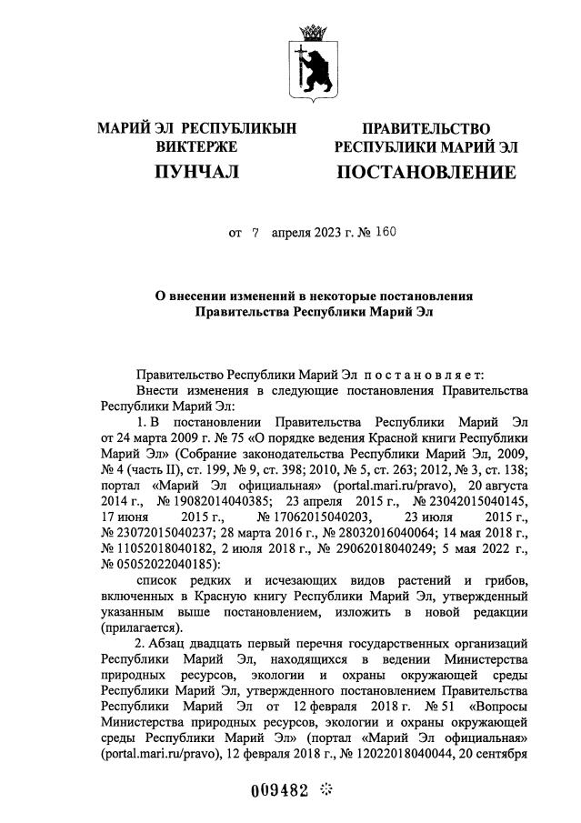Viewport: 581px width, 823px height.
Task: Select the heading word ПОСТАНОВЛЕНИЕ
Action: [x=426, y=172]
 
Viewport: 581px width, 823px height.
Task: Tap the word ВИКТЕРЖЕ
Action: [x=196, y=146]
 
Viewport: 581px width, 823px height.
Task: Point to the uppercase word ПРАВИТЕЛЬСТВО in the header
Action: [x=426, y=129]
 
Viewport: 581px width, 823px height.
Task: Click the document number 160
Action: [x=385, y=232]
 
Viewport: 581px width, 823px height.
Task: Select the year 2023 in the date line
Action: [x=321, y=233]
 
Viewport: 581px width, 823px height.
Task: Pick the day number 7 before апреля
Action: [x=255, y=233]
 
